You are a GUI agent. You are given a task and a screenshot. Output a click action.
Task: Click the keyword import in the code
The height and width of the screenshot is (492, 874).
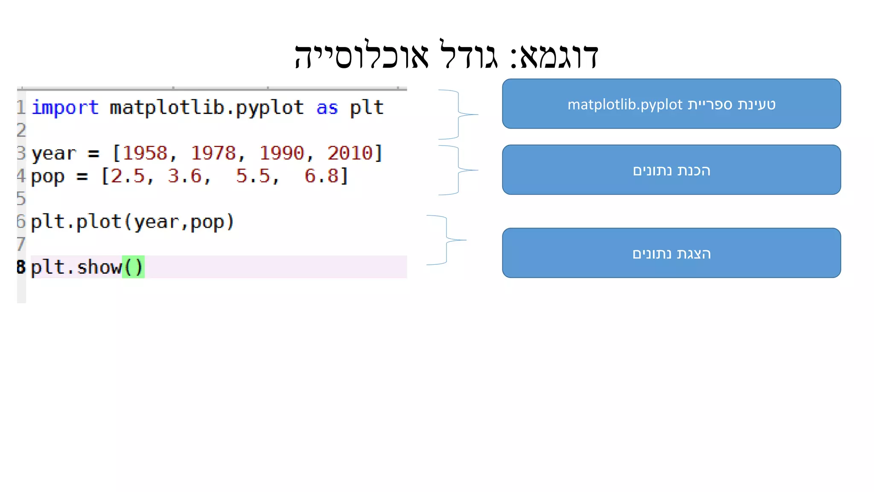[x=65, y=108]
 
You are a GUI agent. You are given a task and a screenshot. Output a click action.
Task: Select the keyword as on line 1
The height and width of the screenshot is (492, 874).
[x=327, y=108]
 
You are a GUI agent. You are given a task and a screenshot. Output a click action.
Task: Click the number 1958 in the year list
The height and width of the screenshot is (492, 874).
[x=145, y=153]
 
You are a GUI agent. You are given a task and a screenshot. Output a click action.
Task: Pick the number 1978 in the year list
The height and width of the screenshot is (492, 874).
[x=213, y=153]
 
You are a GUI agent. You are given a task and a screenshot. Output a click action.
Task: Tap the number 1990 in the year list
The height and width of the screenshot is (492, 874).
[x=282, y=153]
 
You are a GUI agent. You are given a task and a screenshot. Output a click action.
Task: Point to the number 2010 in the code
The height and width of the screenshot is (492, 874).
[x=350, y=153]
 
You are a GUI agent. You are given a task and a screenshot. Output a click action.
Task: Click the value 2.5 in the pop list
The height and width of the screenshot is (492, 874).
[x=128, y=176]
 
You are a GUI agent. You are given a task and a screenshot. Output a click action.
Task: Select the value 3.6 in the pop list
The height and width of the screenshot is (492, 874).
[x=184, y=176]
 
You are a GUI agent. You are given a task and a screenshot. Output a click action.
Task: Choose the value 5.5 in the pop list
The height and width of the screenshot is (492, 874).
[x=253, y=176]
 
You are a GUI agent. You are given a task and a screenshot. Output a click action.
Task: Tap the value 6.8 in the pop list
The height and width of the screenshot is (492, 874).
[x=321, y=176]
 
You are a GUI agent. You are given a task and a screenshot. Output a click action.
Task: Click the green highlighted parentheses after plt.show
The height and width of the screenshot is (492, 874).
[x=133, y=267]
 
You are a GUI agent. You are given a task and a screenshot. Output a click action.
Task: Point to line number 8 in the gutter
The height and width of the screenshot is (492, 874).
[x=21, y=267]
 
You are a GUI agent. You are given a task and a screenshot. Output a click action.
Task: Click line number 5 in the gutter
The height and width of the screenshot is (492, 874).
[x=21, y=199]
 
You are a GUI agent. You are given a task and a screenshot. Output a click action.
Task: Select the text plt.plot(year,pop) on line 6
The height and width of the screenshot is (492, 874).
[x=132, y=222]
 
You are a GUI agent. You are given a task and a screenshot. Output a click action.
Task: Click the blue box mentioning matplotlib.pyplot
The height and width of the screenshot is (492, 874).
[x=671, y=104]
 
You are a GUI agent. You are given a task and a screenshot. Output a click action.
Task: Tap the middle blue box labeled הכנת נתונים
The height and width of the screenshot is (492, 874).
[x=671, y=170]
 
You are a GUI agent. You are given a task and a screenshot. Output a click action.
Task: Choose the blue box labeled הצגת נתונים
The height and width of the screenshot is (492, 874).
[x=671, y=253]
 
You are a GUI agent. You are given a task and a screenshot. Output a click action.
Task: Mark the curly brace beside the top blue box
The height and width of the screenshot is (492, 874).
[x=459, y=114]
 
